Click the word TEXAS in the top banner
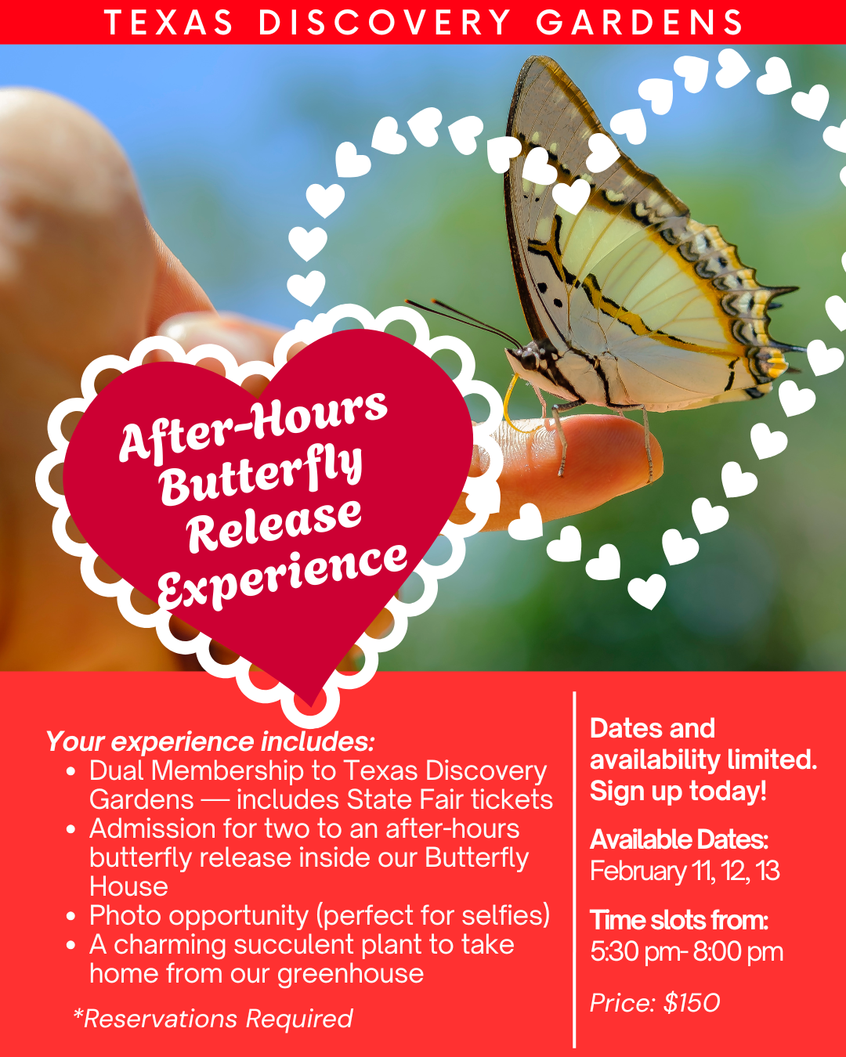(168, 23)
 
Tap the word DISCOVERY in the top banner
(385, 23)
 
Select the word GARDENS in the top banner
(640, 23)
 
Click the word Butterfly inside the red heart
(262, 474)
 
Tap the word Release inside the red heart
(274, 524)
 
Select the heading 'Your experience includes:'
(210, 741)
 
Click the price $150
(692, 1003)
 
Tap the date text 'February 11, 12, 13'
(685, 871)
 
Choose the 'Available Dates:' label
(679, 839)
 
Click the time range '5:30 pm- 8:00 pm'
(686, 952)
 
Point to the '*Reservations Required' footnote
(212, 1019)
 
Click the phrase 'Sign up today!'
(678, 791)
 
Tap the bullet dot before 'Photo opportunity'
(71, 916)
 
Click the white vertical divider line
(575, 869)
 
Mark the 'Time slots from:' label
(679, 920)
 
